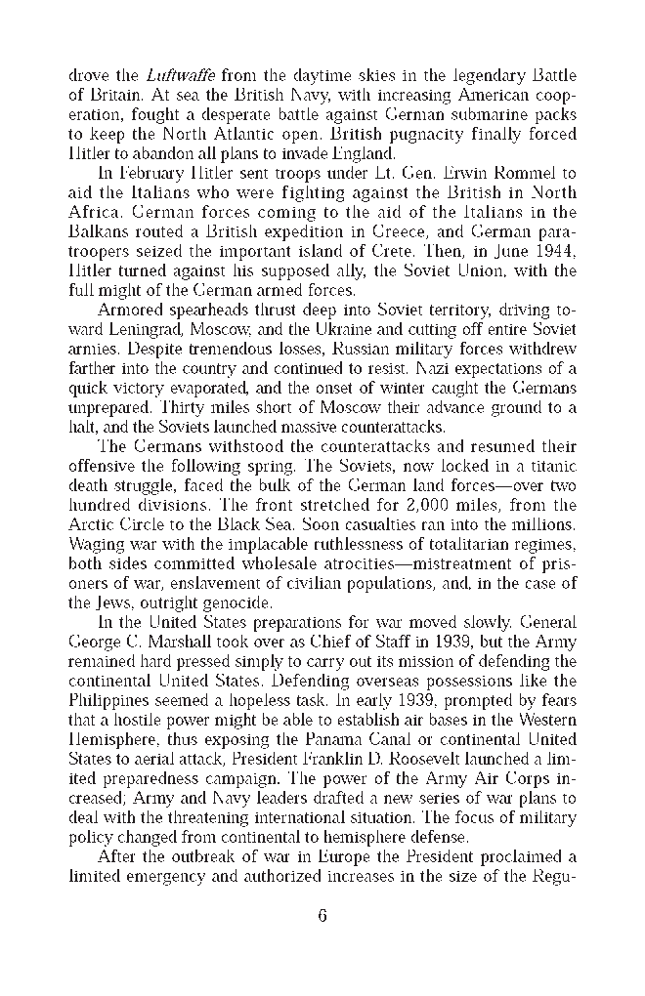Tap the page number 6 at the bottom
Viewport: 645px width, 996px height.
coord(322,915)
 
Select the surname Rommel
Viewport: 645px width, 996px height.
coord(529,173)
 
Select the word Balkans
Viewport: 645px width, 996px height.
coord(98,231)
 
